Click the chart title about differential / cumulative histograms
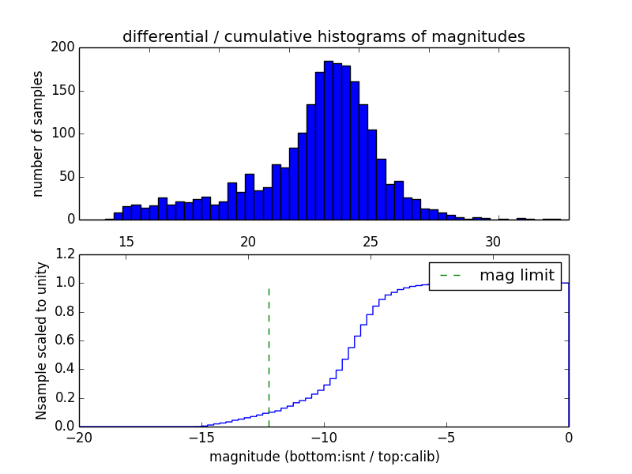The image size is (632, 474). click(323, 36)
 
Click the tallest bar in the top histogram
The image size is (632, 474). click(329, 142)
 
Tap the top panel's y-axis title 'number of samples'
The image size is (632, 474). click(38, 134)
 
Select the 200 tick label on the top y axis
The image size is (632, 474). click(65, 47)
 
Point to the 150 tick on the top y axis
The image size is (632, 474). click(65, 91)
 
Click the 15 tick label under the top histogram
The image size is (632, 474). click(126, 241)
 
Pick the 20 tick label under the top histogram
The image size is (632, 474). click(248, 241)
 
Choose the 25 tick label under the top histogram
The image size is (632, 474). click(371, 241)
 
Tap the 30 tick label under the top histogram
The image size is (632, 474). click(493, 241)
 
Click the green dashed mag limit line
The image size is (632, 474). click(269, 348)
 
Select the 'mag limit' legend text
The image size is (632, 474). click(517, 276)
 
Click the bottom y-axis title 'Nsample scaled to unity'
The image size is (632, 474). click(41, 340)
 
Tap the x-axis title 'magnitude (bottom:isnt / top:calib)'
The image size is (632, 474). click(324, 457)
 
